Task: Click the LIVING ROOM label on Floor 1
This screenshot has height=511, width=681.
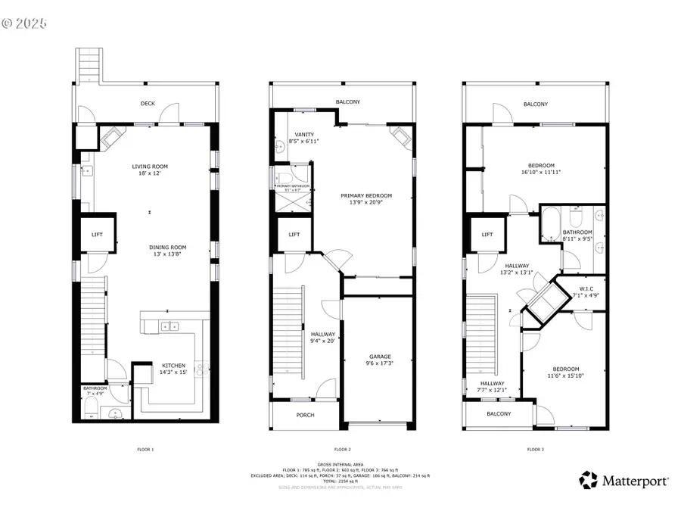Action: coord(150,167)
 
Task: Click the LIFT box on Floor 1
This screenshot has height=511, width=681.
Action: coord(97,235)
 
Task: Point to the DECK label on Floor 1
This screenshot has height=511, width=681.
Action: coord(148,103)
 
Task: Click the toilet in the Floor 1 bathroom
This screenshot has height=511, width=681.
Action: coord(89,412)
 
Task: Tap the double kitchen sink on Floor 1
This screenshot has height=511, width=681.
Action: coord(170,326)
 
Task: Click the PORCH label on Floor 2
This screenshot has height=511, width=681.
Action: coord(305,415)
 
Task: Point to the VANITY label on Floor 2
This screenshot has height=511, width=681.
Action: coord(303,135)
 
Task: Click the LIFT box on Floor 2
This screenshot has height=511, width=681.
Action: coord(294,235)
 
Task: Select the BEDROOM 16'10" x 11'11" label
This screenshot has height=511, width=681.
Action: coord(541,166)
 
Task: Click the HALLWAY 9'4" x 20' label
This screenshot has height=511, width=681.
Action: coord(322,335)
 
